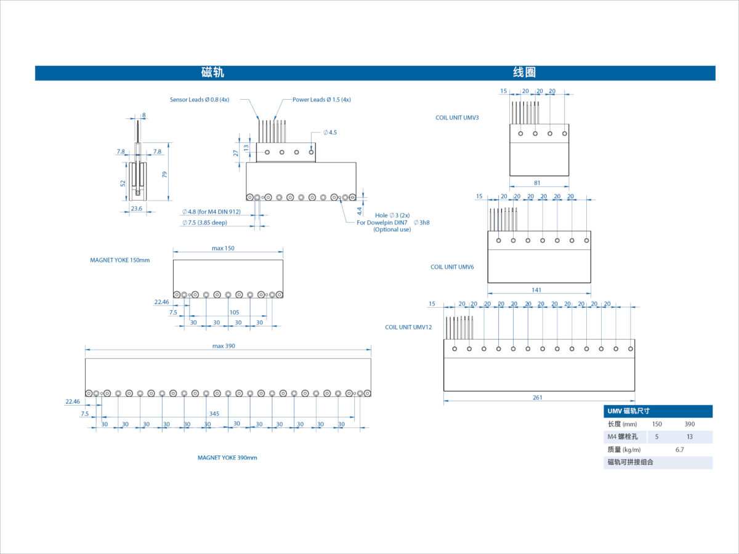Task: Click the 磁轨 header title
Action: [x=212, y=72]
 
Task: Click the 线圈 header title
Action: [x=524, y=72]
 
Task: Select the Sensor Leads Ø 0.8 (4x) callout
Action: [x=200, y=100]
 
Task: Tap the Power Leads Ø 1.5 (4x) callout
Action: [x=321, y=100]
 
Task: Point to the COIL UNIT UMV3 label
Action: [x=457, y=118]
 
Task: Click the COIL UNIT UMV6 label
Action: [x=452, y=267]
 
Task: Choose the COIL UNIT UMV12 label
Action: [x=408, y=327]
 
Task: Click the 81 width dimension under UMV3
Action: [x=537, y=183]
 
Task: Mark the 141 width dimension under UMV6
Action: [x=536, y=290]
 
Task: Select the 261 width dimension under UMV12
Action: [x=538, y=398]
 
